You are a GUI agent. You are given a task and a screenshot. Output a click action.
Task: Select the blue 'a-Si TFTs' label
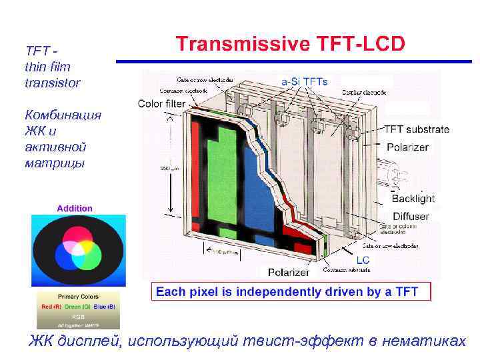[304, 81]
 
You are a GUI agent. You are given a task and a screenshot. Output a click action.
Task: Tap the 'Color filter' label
[162, 103]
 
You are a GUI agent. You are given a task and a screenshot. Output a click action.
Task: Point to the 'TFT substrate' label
[417, 129]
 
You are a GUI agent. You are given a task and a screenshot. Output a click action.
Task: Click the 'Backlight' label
[413, 198]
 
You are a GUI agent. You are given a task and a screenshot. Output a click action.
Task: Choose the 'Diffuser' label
[411, 216]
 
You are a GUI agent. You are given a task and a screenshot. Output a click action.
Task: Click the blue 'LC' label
[363, 259]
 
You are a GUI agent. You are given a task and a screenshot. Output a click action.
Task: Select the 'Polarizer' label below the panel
[288, 272]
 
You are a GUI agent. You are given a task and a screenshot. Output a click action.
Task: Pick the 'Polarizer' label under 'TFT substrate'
[407, 147]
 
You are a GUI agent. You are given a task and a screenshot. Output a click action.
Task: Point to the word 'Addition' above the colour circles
[75, 208]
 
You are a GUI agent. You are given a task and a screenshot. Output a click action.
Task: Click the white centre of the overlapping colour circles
[79, 247]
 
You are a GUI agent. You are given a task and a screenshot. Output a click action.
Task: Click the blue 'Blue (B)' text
[105, 306]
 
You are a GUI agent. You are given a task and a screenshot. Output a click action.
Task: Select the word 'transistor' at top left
[52, 83]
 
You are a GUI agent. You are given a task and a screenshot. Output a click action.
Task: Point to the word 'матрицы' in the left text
[54, 162]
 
